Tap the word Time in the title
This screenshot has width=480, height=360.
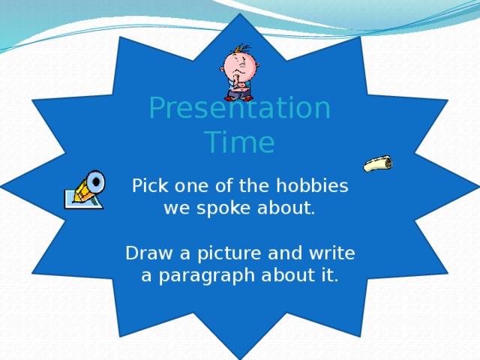(239, 142)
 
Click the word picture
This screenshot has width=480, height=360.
(223, 253)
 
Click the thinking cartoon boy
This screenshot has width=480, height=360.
(238, 73)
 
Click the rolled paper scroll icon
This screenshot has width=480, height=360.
(378, 163)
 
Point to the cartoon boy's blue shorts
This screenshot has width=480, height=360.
(239, 94)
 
